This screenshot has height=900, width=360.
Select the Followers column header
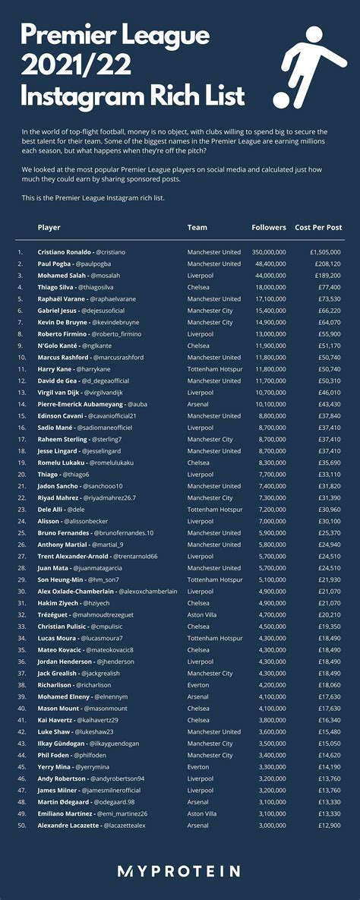(x=269, y=227)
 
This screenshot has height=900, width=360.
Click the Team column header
(x=197, y=227)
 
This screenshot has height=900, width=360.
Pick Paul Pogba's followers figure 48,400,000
(x=269, y=264)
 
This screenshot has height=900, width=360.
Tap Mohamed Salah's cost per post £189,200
(x=324, y=276)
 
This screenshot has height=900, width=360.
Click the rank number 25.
(x=21, y=533)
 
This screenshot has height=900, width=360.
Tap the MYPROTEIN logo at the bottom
(x=180, y=871)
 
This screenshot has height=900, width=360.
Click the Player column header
(x=49, y=227)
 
